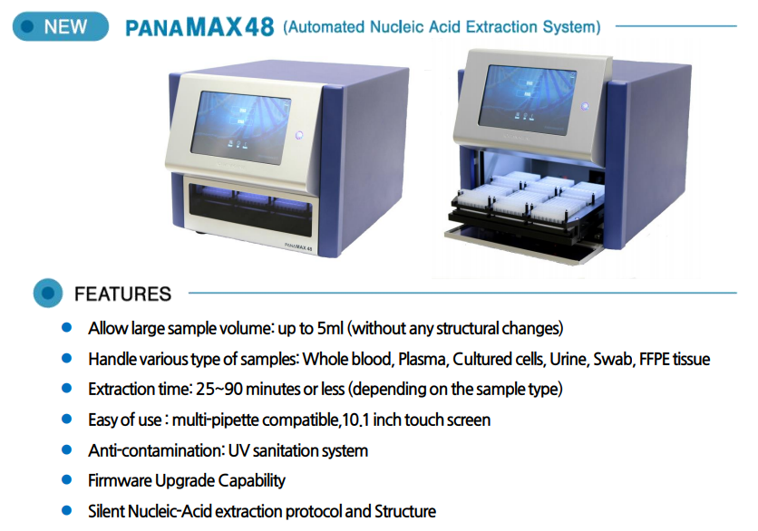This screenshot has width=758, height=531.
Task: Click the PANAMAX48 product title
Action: [x=199, y=25]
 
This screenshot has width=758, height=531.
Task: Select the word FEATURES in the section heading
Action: [x=122, y=294]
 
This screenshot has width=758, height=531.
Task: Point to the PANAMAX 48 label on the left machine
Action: [x=298, y=246]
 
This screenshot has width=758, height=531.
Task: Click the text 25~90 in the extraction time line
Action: [x=215, y=389]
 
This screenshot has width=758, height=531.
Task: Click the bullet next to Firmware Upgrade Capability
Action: [x=66, y=479]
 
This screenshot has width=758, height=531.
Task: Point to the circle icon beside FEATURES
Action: [x=46, y=294]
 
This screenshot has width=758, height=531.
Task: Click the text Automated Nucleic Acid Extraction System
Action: [x=442, y=26]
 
